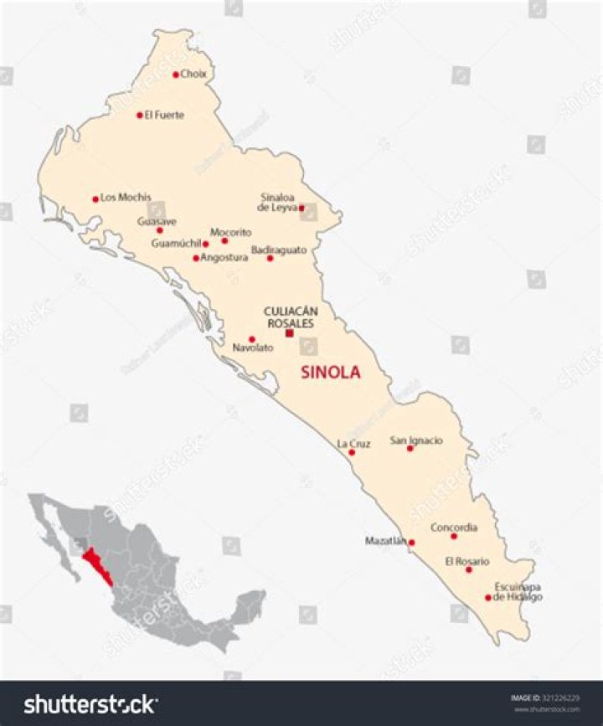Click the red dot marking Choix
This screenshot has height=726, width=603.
pyautogui.click(x=176, y=75)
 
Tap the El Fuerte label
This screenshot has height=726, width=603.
pyautogui.click(x=164, y=115)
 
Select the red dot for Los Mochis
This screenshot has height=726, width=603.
pyautogui.click(x=95, y=199)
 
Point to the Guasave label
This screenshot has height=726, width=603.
pyautogui.click(x=157, y=221)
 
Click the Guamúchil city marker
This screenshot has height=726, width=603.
pyautogui.click(x=206, y=244)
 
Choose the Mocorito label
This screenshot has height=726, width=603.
pyautogui.click(x=230, y=232)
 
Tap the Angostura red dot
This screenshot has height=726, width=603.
pyautogui.click(x=196, y=258)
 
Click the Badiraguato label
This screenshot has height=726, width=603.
pyautogui.click(x=279, y=250)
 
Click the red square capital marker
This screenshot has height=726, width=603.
pyautogui.click(x=290, y=333)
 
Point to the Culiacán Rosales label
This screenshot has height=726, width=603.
pyautogui.click(x=291, y=317)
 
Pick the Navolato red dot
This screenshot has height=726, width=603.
pyautogui.click(x=252, y=339)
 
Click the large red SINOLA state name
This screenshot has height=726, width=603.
pyautogui.click(x=330, y=373)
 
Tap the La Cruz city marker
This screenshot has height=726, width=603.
pyautogui.click(x=352, y=452)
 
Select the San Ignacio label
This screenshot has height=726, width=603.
pyautogui.click(x=416, y=440)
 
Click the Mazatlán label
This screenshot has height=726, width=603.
pyautogui.click(x=385, y=541)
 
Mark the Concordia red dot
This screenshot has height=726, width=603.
pyautogui.click(x=454, y=536)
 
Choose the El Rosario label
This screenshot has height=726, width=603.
pyautogui.click(x=467, y=561)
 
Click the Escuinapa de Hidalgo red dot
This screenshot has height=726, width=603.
pyautogui.click(x=488, y=598)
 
